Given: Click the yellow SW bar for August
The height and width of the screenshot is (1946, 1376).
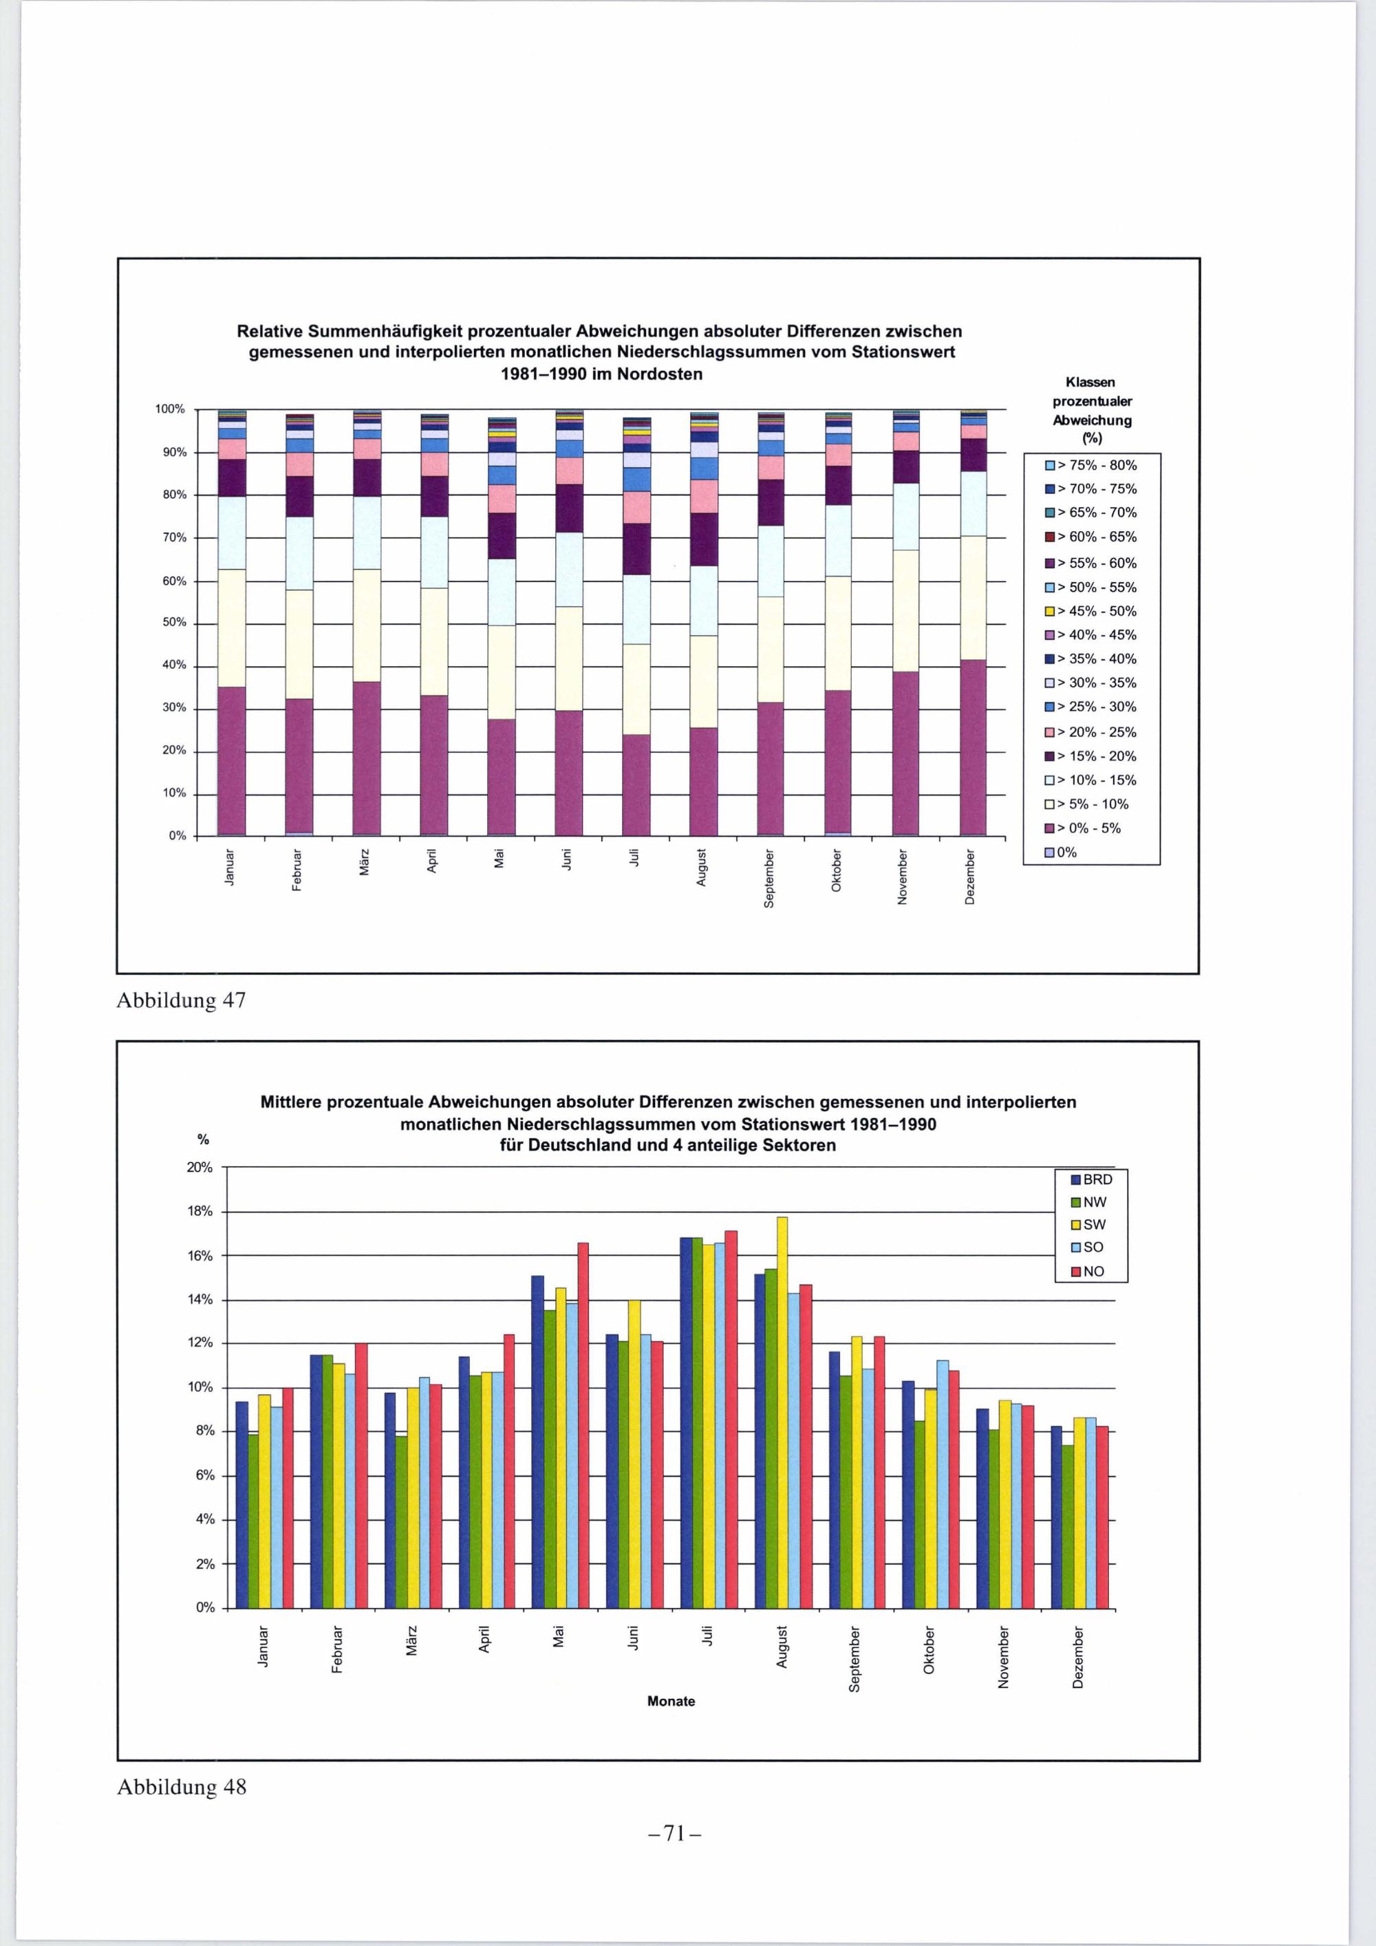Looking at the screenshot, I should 782,1412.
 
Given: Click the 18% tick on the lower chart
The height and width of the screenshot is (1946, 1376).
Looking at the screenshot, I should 200,1211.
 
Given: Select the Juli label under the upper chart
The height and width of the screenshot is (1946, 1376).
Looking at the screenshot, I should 634,857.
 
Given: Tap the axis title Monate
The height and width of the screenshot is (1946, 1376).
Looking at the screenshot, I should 670,1701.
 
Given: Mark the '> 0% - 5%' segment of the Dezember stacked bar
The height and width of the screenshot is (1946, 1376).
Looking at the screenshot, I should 974,747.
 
